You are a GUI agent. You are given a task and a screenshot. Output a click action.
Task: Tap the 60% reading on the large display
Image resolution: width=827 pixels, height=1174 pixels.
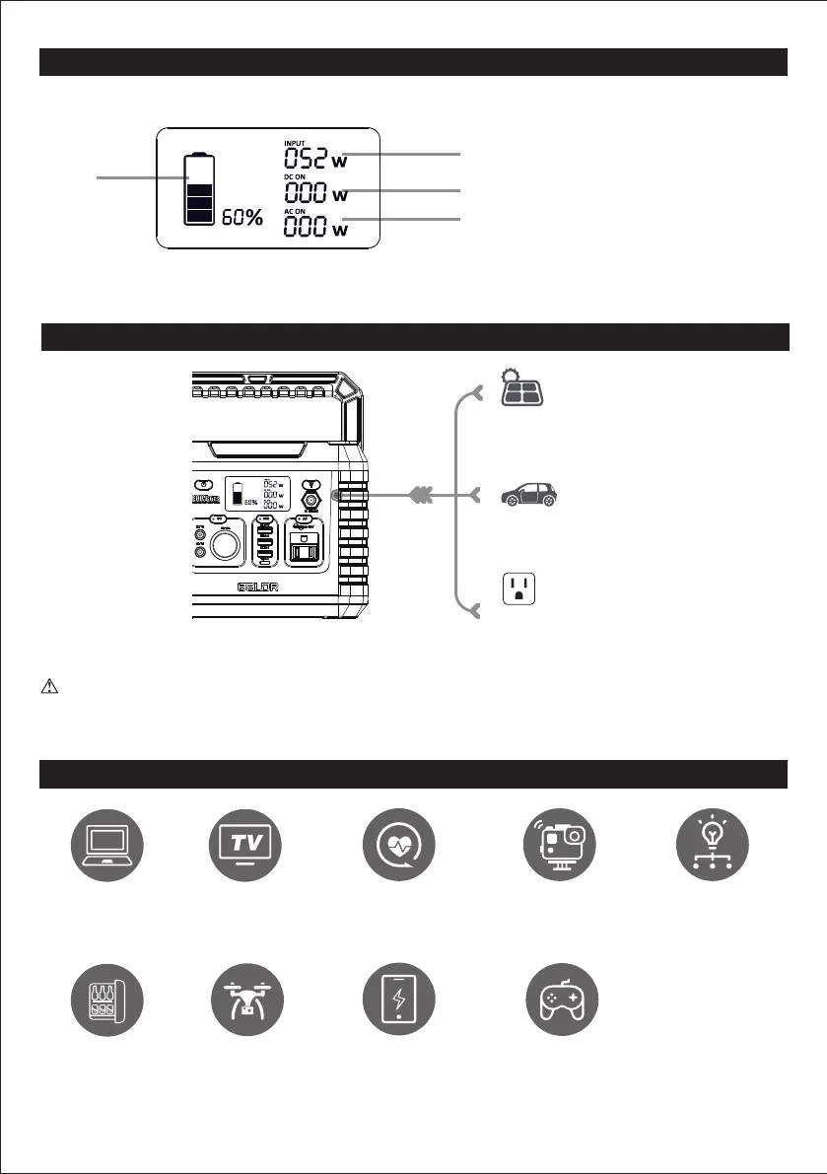(241, 218)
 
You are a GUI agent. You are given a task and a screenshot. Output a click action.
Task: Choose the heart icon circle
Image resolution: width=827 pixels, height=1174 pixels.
(391, 843)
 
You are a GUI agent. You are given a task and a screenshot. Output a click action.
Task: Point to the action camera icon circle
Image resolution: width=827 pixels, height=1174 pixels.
(557, 843)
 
